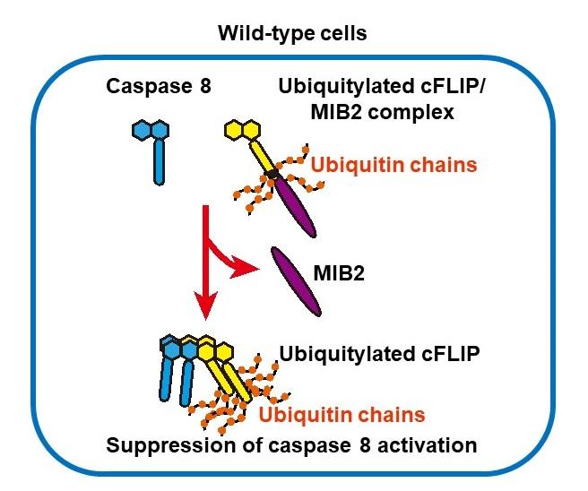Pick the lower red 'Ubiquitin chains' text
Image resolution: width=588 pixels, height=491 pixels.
click(x=342, y=415)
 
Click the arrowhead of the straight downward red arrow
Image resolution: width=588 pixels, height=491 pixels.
click(x=206, y=306)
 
